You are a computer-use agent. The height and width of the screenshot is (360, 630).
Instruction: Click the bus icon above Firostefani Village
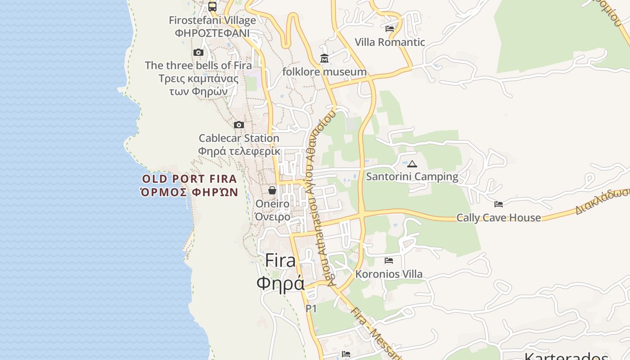[212, 6]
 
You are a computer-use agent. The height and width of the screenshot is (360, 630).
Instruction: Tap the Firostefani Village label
[212, 20]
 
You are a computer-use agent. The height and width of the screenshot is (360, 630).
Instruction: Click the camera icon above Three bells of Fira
[198, 53]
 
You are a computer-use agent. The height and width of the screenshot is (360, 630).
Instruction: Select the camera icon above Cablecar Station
[239, 125]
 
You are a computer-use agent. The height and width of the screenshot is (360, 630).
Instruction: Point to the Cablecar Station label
[239, 138]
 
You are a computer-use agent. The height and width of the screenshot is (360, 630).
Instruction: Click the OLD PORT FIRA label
[189, 179]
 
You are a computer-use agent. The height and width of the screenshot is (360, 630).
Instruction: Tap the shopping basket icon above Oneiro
[272, 190]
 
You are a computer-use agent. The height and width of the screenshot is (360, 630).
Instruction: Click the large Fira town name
[280, 261]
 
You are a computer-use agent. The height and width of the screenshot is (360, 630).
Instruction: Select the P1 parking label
[311, 309]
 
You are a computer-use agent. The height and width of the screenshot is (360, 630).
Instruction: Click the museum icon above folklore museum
[324, 58]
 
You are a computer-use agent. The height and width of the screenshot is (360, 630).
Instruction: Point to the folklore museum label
[324, 72]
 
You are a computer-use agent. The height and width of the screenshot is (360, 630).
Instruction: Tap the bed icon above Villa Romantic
[390, 29]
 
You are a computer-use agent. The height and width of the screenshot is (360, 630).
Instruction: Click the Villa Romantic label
[390, 42]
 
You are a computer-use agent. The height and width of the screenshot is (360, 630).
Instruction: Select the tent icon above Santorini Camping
[412, 164]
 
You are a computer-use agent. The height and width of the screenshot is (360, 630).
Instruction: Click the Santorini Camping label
[412, 176]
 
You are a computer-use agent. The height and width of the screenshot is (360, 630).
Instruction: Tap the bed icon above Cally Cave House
[499, 204]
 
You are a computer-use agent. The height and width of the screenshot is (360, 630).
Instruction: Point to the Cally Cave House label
[499, 218]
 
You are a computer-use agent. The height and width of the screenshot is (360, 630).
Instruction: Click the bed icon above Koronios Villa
[389, 261]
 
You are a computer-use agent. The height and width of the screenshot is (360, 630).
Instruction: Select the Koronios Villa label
[389, 274]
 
